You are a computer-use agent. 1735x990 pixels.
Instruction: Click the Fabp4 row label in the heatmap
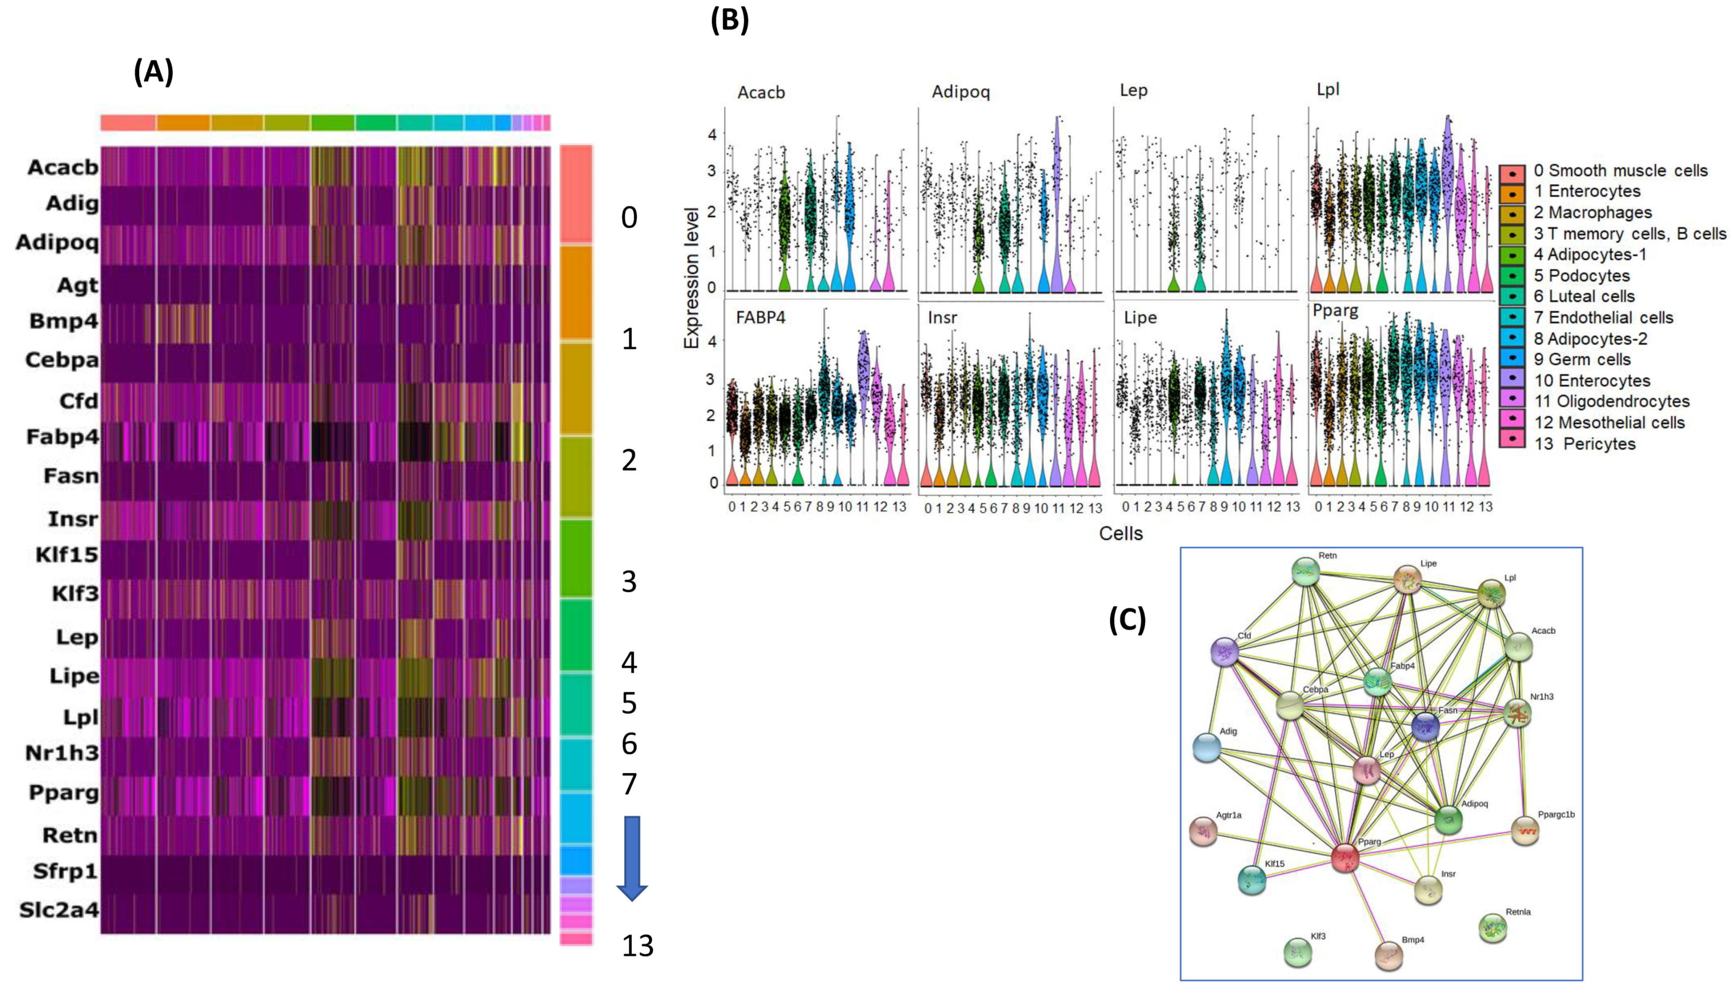pos(62,437)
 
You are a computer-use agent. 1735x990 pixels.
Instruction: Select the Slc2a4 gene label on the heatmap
pos(59,910)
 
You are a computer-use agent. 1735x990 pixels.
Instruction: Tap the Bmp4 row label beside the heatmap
pos(64,320)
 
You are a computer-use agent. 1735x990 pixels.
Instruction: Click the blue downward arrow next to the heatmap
pos(632,858)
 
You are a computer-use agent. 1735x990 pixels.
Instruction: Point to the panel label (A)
pos(154,71)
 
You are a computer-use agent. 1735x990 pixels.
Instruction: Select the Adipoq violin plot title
pos(960,92)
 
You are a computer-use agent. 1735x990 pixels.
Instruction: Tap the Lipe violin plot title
pos(1140,318)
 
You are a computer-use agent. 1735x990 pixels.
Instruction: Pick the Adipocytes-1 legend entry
pos(1596,255)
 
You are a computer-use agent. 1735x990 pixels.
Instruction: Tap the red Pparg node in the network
pos(1345,858)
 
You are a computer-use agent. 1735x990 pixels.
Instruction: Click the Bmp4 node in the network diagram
pos(1389,955)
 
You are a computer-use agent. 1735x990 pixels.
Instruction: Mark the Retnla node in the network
pos(1493,928)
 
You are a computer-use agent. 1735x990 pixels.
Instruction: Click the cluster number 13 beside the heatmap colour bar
pos(637,946)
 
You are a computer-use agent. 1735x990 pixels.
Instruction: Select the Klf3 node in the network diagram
pos(1298,952)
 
